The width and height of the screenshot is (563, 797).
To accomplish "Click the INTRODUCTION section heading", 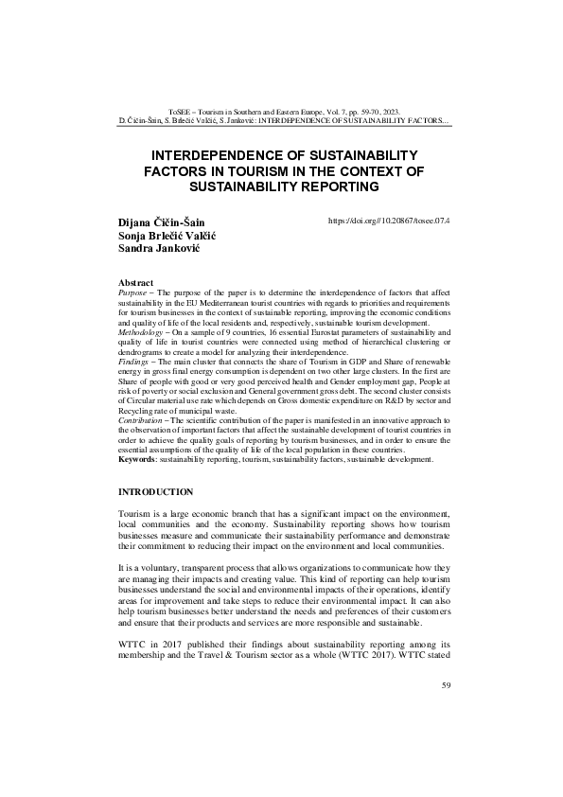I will pos(155,492).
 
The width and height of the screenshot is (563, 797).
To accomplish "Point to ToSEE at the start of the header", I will pos(180,112).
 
